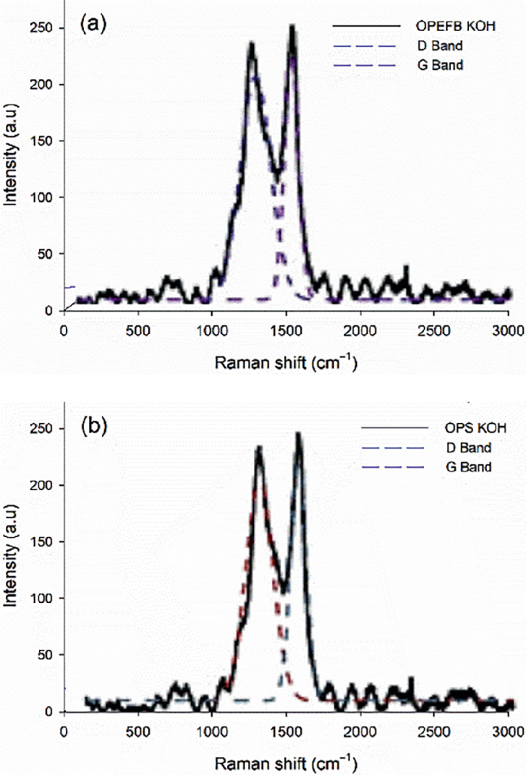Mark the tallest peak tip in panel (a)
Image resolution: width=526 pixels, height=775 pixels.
(x=293, y=25)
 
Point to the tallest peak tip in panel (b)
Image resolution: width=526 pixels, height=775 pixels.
(x=298, y=433)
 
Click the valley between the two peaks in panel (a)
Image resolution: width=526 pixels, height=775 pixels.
(x=278, y=173)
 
